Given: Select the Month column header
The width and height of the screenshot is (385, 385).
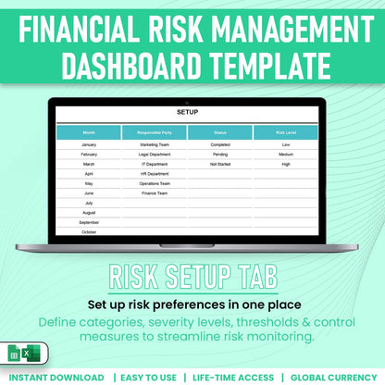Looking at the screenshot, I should [89, 133].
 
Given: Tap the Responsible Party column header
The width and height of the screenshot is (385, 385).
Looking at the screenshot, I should [154, 133].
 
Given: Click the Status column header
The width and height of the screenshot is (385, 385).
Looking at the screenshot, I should [220, 133].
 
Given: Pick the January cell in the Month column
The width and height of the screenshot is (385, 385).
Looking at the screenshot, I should [89, 145].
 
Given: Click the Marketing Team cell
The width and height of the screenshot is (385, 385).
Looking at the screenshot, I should [154, 145].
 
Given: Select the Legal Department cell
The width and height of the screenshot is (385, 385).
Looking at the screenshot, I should [154, 155].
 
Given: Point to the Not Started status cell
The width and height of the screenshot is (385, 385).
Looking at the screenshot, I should [220, 164].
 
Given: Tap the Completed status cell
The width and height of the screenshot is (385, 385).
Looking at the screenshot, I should [220, 145].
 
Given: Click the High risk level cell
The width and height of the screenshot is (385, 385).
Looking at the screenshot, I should [286, 164].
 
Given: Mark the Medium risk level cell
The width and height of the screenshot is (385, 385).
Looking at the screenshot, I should [286, 155].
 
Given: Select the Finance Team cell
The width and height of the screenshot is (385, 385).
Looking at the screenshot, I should [154, 192].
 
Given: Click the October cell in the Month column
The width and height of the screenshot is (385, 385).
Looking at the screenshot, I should [89, 231].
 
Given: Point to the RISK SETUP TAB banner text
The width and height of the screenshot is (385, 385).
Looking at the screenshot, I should [192, 277].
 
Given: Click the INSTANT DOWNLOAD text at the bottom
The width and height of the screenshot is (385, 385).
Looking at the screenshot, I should [57, 378].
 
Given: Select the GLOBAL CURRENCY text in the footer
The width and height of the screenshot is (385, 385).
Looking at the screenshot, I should [333, 378].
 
